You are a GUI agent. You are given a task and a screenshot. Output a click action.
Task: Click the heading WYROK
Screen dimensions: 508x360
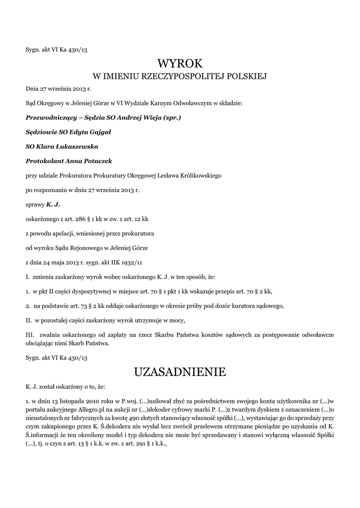tap(180, 63)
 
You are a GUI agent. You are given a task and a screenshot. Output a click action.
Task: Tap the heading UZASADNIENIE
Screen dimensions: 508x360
tap(180, 372)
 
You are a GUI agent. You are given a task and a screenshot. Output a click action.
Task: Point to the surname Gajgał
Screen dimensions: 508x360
tap(100, 132)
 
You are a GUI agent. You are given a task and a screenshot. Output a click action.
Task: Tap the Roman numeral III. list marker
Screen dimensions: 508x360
tap(31, 334)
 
